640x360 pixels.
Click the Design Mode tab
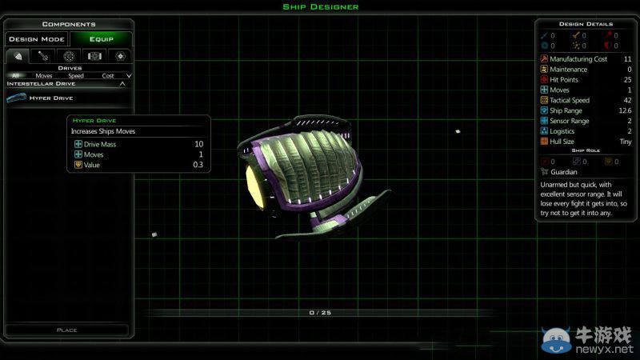[37, 39]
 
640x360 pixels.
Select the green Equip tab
[102, 39]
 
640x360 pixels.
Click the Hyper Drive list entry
[51, 98]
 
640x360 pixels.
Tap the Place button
[67, 330]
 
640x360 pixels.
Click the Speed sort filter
[76, 75]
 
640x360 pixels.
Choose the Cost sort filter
[108, 75]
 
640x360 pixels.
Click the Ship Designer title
[321, 7]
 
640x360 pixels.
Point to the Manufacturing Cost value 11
[628, 59]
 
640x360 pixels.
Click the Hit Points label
[564, 79]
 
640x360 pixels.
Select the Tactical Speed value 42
[627, 101]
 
